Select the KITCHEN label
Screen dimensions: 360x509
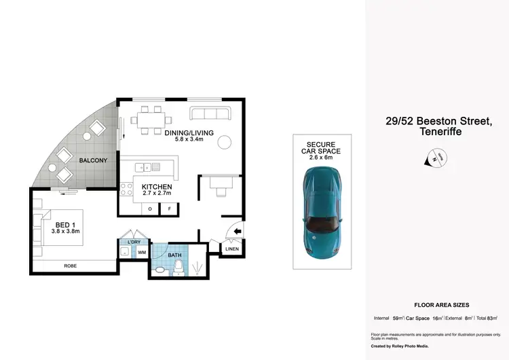(x=156, y=187)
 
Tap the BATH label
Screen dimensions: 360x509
(x=176, y=255)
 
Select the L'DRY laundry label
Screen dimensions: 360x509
(x=134, y=242)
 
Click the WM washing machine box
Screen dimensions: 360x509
(x=142, y=253)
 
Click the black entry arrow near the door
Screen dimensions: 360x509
(x=238, y=232)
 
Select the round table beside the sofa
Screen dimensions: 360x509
(x=223, y=142)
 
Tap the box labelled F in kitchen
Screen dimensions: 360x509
(x=169, y=209)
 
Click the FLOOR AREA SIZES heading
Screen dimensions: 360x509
(x=436, y=306)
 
